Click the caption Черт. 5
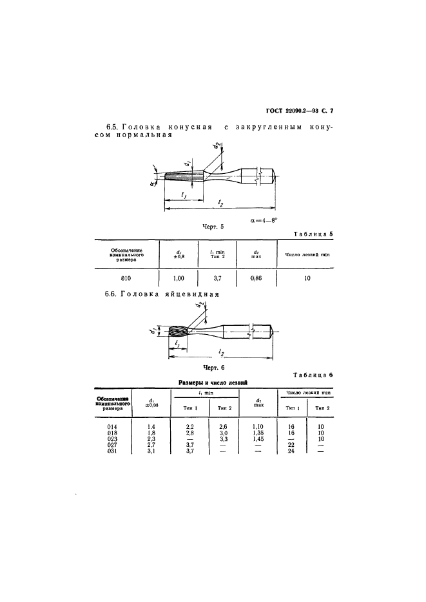(x=212, y=227)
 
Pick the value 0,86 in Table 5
(x=255, y=278)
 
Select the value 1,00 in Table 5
(x=178, y=278)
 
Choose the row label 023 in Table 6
(x=112, y=438)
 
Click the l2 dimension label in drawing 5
(x=220, y=203)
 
